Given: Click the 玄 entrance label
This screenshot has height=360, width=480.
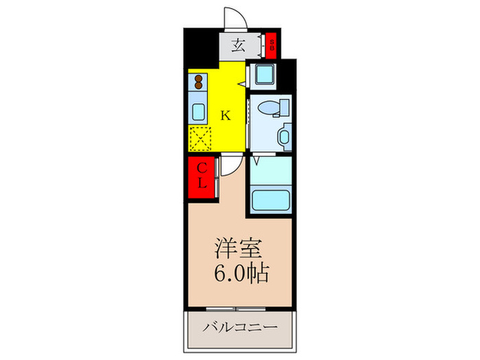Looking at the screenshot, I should click(x=239, y=47).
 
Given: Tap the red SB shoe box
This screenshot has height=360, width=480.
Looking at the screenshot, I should click(x=272, y=46).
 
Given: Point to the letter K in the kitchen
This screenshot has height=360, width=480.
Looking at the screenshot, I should click(x=225, y=115).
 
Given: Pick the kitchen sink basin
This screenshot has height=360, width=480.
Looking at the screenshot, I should click(x=198, y=112).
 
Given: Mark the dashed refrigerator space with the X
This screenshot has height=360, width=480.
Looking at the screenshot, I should click(x=201, y=139).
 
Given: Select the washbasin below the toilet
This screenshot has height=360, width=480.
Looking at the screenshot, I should click(x=284, y=136).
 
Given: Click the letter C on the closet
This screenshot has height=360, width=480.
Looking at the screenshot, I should click(x=203, y=168).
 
